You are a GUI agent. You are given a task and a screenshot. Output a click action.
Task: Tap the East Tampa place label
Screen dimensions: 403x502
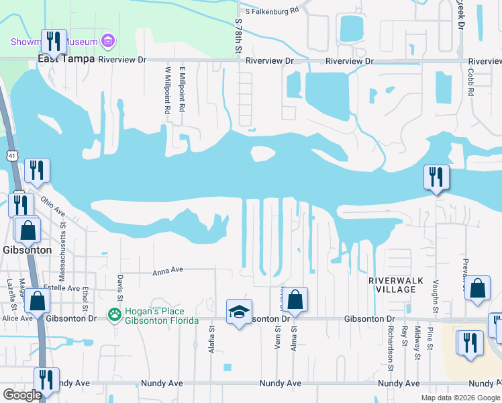[x=66, y=59]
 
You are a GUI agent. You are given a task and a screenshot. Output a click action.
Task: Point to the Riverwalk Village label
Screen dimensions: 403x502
[x=392, y=284]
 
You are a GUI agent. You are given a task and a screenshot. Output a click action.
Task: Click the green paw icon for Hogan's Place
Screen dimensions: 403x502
[x=115, y=314]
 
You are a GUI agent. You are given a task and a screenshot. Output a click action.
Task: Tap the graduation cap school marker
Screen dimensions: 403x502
[x=238, y=312]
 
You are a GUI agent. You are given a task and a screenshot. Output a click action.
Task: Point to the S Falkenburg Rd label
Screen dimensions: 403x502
[x=270, y=11]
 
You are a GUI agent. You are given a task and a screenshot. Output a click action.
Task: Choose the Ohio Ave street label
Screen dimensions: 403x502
[x=54, y=205]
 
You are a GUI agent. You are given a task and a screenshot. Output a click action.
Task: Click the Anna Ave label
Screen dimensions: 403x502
[x=168, y=271]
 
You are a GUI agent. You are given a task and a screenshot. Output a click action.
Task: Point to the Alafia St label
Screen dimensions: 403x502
[x=211, y=339]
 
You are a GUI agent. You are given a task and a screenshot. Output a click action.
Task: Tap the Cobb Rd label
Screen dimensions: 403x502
[x=472, y=81]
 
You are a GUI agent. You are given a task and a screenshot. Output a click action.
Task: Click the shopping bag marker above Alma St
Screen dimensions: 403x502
[x=295, y=300]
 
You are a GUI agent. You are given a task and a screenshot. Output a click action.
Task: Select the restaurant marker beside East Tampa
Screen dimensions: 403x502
[x=53, y=42]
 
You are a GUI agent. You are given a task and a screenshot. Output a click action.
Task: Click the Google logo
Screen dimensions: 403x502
[x=23, y=395]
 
